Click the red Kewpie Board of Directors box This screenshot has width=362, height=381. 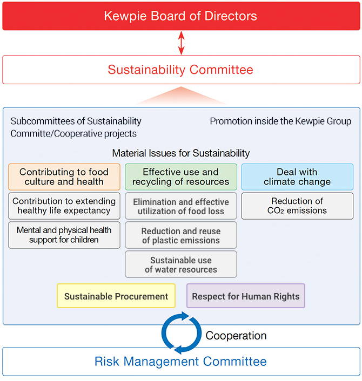tap(181, 16)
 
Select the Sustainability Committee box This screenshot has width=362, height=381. tap(181, 70)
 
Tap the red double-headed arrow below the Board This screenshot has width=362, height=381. tap(181, 43)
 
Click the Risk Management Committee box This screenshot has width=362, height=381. tap(181, 362)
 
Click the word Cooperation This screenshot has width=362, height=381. tap(236, 336)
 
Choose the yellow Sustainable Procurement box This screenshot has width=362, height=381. tap(116, 296)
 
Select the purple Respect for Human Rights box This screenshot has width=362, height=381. tap(246, 296)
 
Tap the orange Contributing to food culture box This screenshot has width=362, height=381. tap(64, 177)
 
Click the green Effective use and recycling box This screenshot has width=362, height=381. tap(181, 177)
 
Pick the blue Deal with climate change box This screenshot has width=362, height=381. tap(297, 177)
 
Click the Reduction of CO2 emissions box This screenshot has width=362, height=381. tap(297, 206)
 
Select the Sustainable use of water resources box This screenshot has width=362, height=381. tap(181, 264)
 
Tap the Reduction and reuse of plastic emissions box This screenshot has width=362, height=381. tap(181, 235)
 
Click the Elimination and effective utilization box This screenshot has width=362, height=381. tap(181, 206)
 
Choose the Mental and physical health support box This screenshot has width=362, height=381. tap(64, 235)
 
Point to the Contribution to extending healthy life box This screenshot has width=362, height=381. tap(64, 206)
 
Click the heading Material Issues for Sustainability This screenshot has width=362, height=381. tap(181, 153)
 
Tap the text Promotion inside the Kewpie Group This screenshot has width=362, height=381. tap(280, 121)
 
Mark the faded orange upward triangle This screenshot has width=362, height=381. tap(181, 97)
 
